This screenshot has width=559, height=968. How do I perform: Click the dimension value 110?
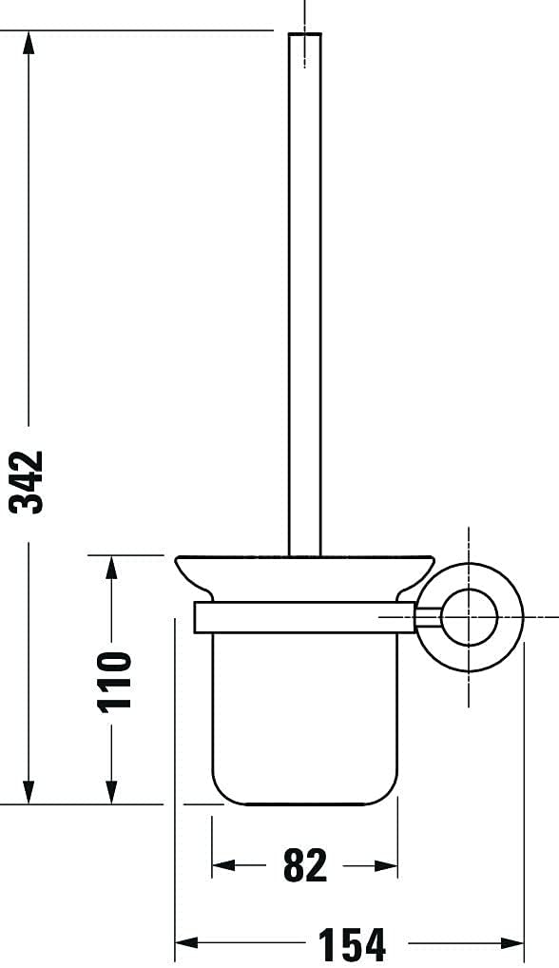pos(115,681)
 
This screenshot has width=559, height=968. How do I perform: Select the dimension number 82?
pos(305,865)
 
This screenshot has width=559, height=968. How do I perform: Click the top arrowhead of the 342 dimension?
pos(29,43)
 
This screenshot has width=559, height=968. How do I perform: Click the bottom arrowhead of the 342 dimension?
pos(29,792)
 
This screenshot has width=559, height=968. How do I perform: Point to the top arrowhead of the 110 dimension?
pos(111,568)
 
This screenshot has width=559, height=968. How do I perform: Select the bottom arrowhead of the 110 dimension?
pos(111,792)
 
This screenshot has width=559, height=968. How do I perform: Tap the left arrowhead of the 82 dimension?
pos(224,865)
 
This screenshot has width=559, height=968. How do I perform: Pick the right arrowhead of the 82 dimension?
pos(386,865)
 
